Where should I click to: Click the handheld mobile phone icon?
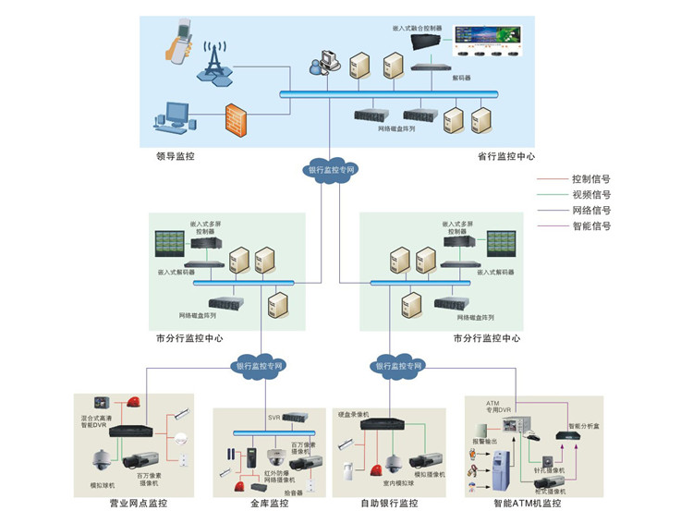point(181,43)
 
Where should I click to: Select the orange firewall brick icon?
point(237,118)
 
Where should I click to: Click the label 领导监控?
point(176,157)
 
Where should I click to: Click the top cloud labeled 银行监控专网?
point(331,170)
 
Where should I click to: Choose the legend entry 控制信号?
point(591,179)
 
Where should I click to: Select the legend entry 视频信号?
point(591,195)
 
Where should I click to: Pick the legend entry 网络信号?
point(591,211)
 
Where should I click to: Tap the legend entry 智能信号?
point(591,226)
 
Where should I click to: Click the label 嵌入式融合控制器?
point(417,29)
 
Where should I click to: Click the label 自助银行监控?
point(388,504)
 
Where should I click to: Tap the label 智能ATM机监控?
point(528,504)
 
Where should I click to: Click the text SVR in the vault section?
point(274,418)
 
